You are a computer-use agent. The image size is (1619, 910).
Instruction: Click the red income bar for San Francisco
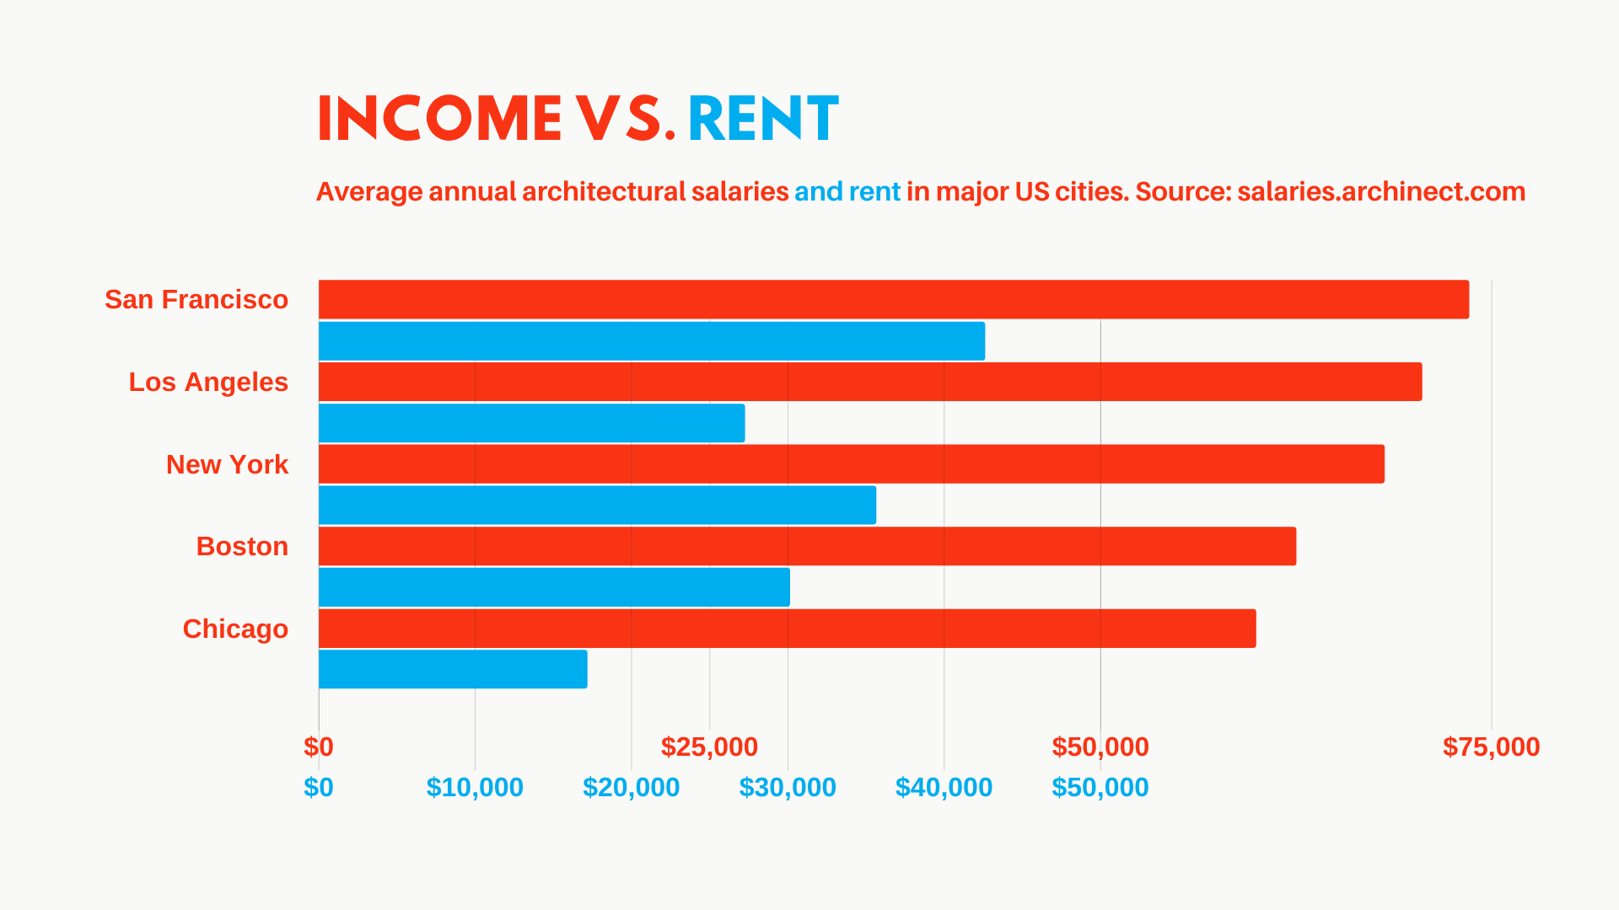pyautogui.click(x=894, y=299)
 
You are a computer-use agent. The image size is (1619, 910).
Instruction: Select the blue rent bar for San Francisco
pyautogui.click(x=651, y=340)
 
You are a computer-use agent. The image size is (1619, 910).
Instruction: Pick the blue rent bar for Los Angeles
pyautogui.click(x=531, y=423)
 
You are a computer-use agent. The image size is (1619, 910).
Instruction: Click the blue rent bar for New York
pyautogui.click(x=597, y=505)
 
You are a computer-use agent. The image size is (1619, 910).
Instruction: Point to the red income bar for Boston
pyautogui.click(x=807, y=546)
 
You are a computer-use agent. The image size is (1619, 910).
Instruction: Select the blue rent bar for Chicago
pyautogui.click(x=453, y=669)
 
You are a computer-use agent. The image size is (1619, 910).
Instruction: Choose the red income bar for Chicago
pyautogui.click(x=787, y=629)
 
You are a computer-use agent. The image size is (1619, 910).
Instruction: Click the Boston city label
pyautogui.click(x=242, y=546)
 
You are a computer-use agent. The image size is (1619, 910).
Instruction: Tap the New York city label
pyautogui.click(x=227, y=464)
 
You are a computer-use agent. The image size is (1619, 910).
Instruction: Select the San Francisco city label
pyautogui.click(x=196, y=299)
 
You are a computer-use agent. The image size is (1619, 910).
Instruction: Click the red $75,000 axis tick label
pyautogui.click(x=1491, y=747)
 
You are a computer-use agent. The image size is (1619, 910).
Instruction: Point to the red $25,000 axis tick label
pyautogui.click(x=709, y=747)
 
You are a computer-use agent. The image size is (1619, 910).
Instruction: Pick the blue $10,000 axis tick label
pyautogui.click(x=475, y=787)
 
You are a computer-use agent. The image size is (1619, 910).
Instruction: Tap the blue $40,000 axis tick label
pyautogui.click(x=944, y=787)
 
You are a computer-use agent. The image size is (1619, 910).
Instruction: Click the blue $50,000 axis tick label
pyautogui.click(x=1100, y=787)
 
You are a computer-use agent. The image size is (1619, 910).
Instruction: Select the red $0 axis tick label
pyautogui.click(x=319, y=747)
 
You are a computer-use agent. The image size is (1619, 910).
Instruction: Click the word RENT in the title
pyautogui.click(x=762, y=118)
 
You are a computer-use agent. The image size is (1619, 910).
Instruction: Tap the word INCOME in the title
pyautogui.click(x=439, y=118)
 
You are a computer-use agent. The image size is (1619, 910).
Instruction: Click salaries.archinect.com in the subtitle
pyautogui.click(x=1381, y=191)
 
